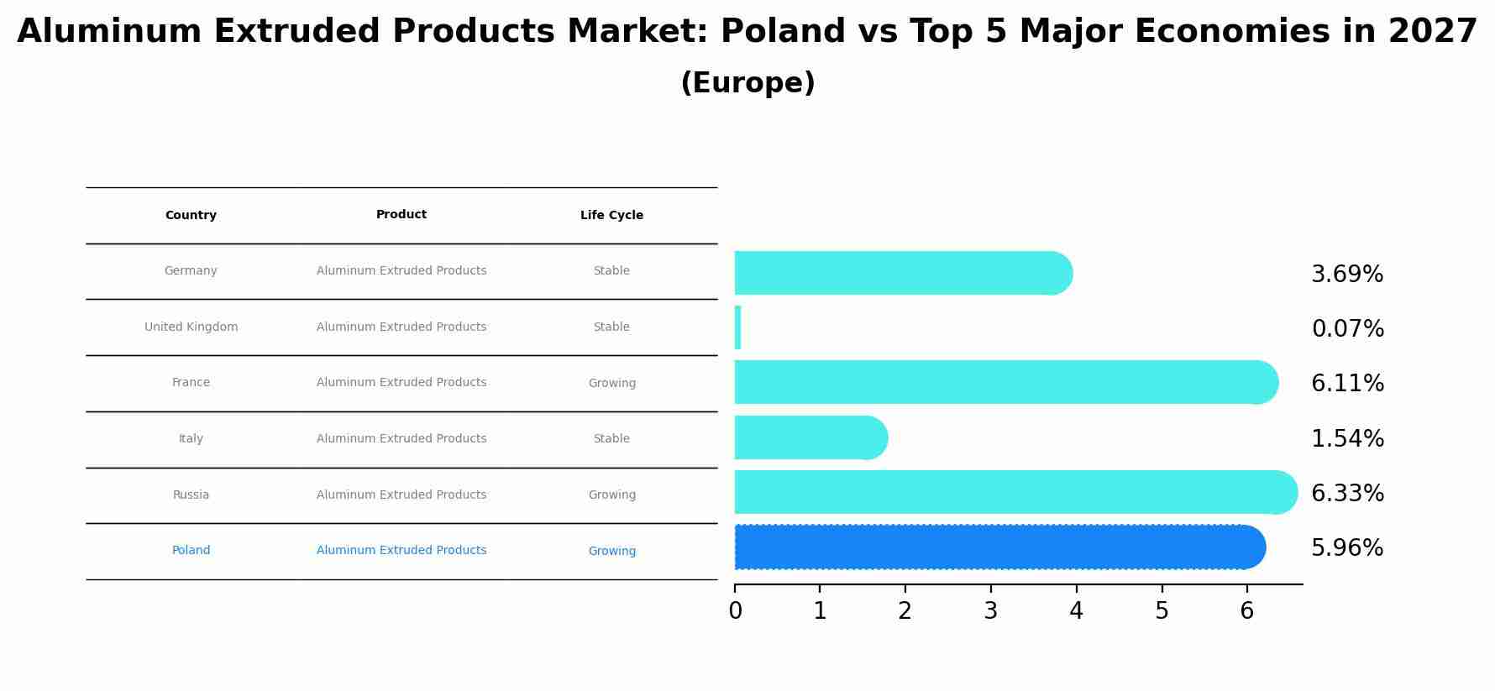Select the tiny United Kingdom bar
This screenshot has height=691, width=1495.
tap(737, 327)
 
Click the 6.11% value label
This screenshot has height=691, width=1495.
tap(1347, 384)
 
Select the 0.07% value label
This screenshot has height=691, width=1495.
tap(1347, 329)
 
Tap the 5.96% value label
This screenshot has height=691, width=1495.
tap(1347, 548)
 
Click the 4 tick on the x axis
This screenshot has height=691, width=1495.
tap(1076, 611)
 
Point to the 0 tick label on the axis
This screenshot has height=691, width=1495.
tap(735, 611)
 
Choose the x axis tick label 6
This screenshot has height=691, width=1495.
tap(1246, 611)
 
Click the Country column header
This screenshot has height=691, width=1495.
tap(191, 216)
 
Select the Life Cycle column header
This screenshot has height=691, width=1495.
tap(611, 216)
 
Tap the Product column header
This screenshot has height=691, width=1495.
tap(401, 215)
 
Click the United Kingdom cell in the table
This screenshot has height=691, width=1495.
tap(191, 327)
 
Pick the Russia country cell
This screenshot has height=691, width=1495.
tap(191, 495)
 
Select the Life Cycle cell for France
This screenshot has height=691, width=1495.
tap(611, 384)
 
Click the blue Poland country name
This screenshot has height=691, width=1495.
tap(191, 551)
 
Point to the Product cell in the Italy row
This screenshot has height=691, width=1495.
tap(401, 439)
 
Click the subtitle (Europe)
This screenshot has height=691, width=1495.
tap(747, 84)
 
